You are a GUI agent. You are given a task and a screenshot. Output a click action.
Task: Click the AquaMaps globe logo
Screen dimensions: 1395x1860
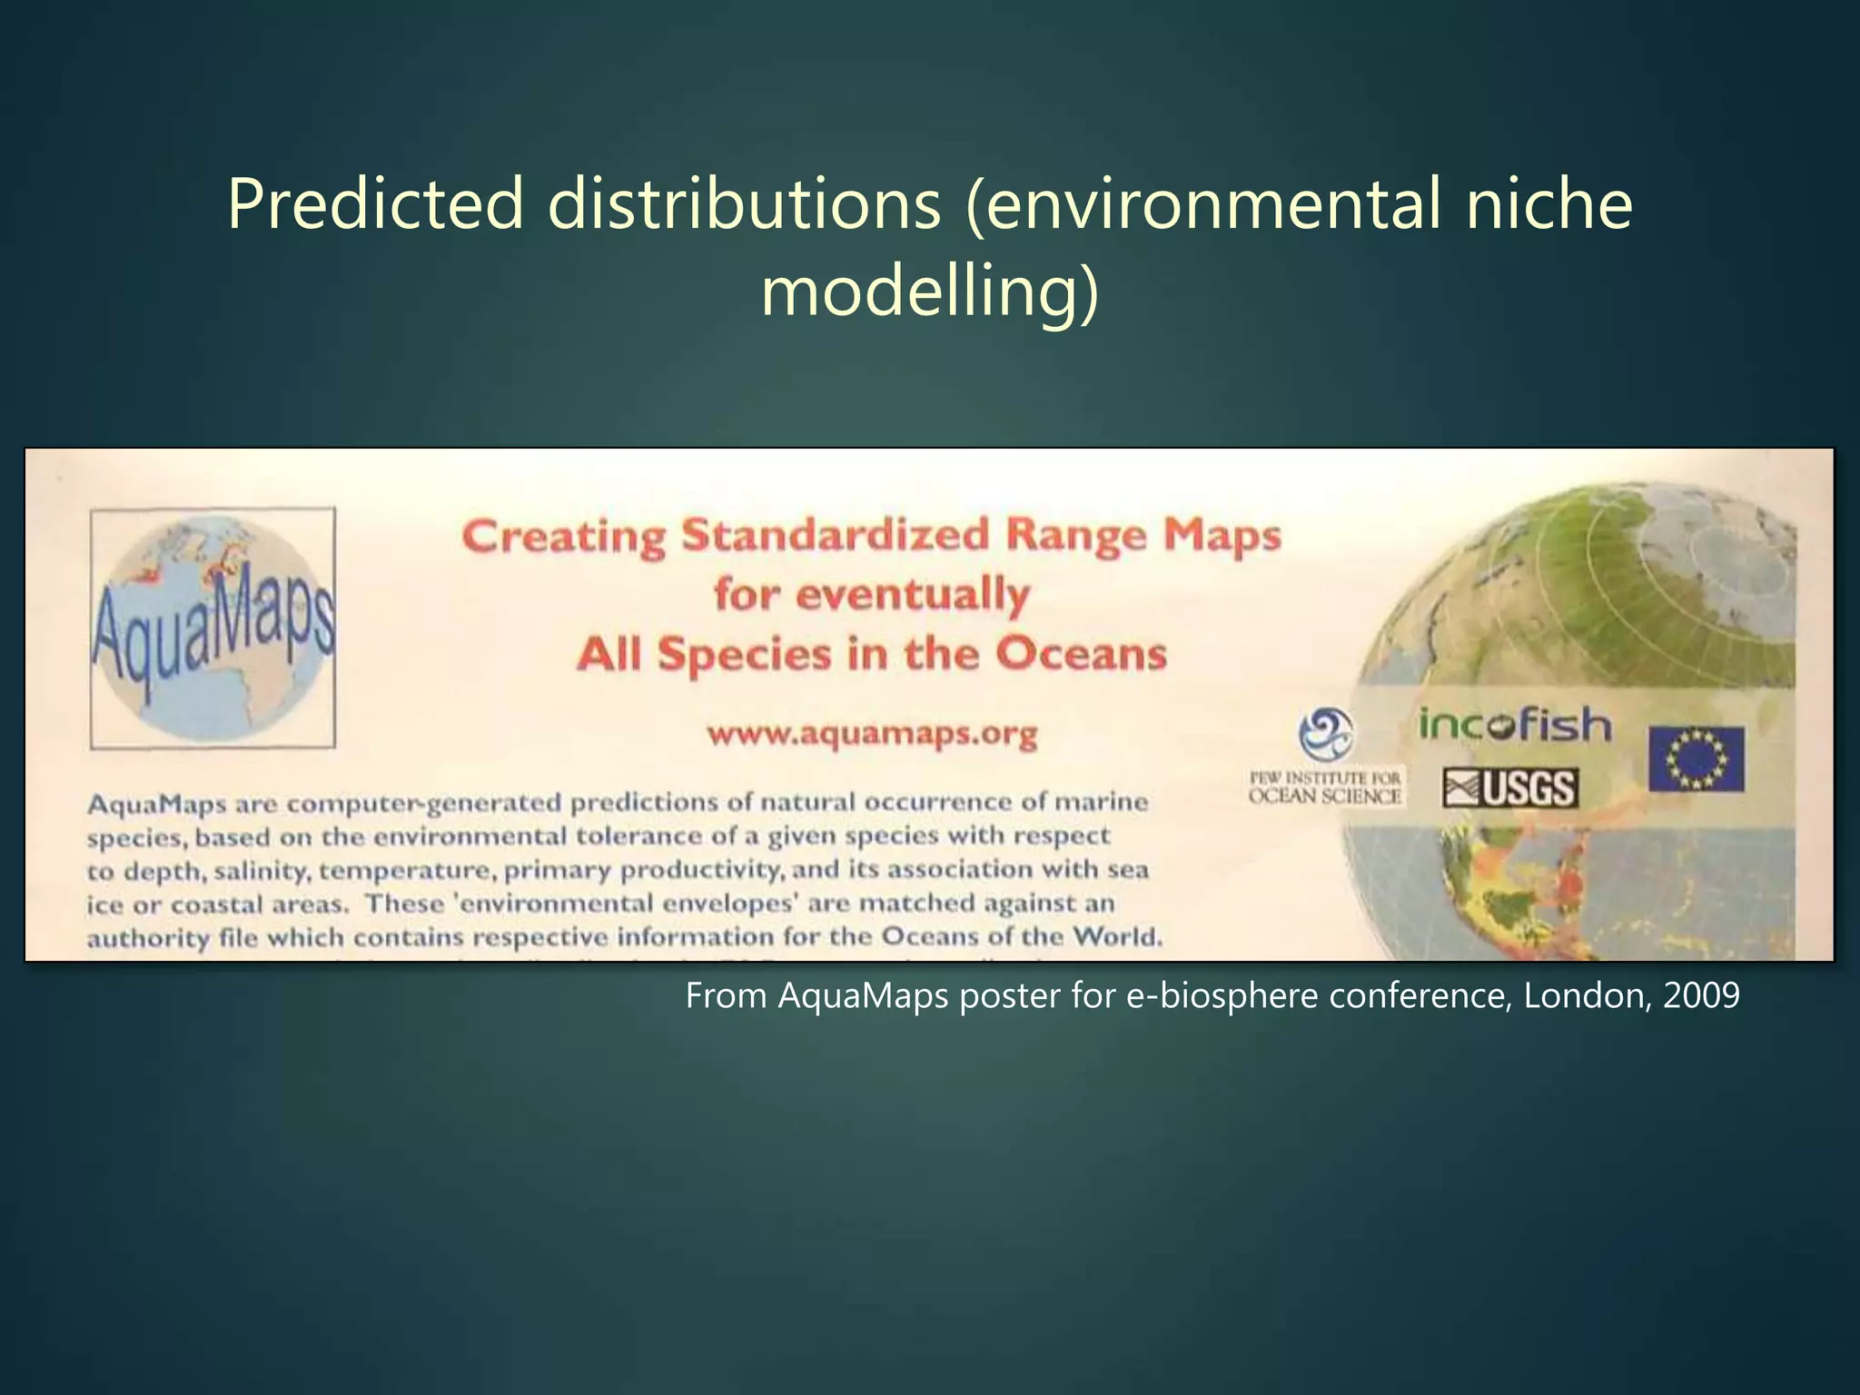pyautogui.click(x=213, y=628)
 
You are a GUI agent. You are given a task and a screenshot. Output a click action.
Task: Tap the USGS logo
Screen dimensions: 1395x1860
pyautogui.click(x=1509, y=788)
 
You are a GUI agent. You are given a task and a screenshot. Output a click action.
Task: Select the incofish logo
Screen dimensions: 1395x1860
pyautogui.click(x=1515, y=726)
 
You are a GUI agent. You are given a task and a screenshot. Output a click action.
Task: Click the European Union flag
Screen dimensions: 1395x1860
pyautogui.click(x=1697, y=758)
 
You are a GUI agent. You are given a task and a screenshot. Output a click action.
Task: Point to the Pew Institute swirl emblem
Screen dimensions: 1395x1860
pyautogui.click(x=1325, y=734)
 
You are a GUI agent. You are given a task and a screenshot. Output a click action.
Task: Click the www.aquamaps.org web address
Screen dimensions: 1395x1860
pyautogui.click(x=872, y=734)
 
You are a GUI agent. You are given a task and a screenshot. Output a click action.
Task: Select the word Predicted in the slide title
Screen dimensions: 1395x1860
pyautogui.click(x=376, y=203)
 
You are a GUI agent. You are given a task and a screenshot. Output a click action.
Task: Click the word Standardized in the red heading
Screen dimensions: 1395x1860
pyautogui.click(x=835, y=535)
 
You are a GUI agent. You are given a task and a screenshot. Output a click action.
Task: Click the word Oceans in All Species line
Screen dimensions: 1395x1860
pyautogui.click(x=1081, y=654)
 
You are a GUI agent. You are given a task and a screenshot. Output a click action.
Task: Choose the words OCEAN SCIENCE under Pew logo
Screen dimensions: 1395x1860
pyautogui.click(x=1325, y=796)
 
